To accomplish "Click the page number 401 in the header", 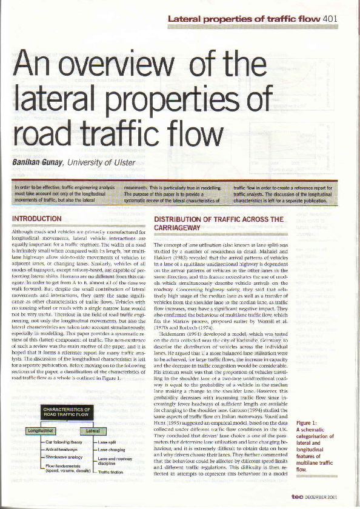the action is click(x=330, y=19).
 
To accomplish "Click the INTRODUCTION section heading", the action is click(x=41, y=218).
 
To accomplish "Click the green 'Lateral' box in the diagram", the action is click(x=93, y=431).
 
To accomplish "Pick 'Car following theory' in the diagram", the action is click(x=64, y=443).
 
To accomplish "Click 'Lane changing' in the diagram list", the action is click(x=112, y=450).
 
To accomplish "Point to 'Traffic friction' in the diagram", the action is click(x=113, y=471).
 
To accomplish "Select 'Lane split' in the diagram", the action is click(x=108, y=443).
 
